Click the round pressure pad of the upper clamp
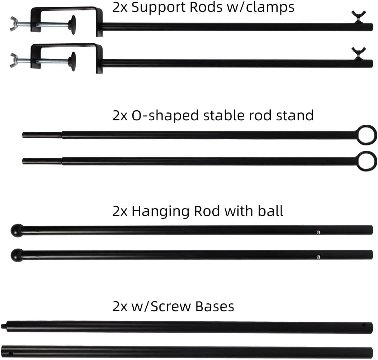coord(73,25)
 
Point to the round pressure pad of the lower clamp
coord(73,61)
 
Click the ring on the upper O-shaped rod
coord(367,135)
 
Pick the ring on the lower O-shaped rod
coord(367,161)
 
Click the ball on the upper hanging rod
coord(17,230)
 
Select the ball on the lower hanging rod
coord(16,255)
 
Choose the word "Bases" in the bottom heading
coord(215,307)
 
